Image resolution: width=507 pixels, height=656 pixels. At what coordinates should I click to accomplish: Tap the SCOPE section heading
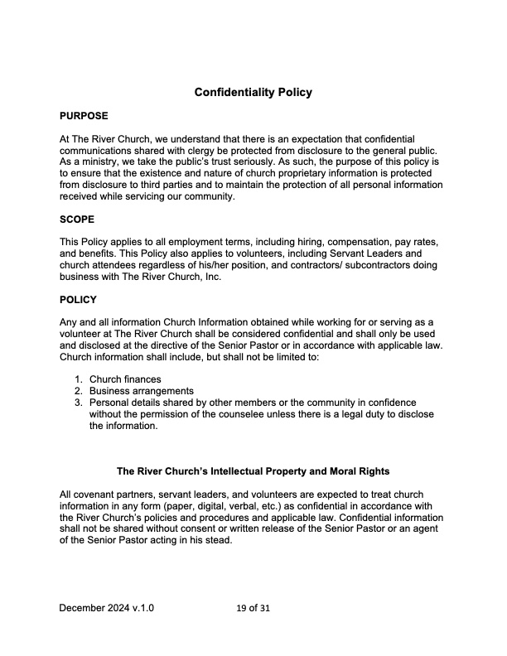[77, 219]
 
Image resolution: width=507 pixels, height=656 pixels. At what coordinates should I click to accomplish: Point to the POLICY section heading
[79, 299]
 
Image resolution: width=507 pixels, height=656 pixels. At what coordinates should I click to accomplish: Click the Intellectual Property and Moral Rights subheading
[253, 472]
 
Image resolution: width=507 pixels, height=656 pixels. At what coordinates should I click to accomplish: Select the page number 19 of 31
[254, 608]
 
